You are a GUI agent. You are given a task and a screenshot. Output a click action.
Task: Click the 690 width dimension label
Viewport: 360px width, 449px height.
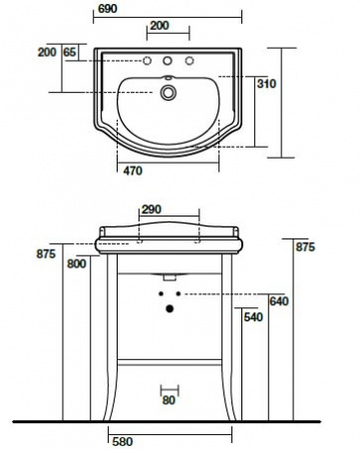point(108,9)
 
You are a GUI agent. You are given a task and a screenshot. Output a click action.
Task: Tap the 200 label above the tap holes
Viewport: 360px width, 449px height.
point(160,25)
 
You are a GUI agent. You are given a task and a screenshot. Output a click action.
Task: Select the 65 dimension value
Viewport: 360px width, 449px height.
point(70,52)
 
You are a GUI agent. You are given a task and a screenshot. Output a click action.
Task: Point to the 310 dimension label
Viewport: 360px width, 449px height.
point(266,84)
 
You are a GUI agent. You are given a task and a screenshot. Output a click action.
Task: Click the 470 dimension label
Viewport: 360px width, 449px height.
point(133,171)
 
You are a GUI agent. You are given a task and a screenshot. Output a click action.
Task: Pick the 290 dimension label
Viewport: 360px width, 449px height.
point(152,210)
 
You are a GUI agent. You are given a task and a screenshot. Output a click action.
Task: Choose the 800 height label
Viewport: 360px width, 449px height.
point(77,263)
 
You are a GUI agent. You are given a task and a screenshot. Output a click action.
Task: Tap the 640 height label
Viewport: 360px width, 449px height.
point(279,301)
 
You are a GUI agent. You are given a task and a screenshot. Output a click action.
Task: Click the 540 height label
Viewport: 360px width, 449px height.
point(253,317)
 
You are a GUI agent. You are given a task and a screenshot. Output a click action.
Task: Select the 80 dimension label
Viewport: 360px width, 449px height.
point(169,400)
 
